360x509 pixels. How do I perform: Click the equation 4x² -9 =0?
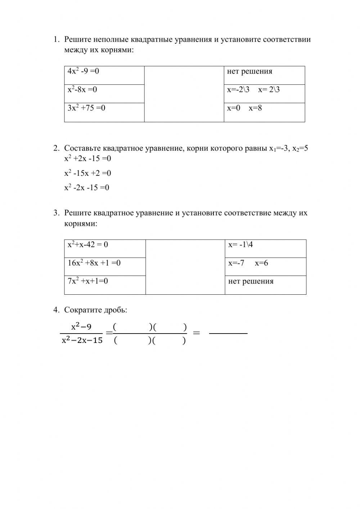pyautogui.click(x=83, y=71)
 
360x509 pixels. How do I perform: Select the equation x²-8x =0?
pyautogui.click(x=82, y=90)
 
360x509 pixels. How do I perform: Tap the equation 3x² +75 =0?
pyautogui.click(x=86, y=108)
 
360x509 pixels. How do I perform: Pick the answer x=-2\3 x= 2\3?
pyautogui.click(x=253, y=90)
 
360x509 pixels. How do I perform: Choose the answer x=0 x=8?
pyautogui.click(x=244, y=108)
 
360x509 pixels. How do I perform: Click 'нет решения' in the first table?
pyautogui.click(x=249, y=71)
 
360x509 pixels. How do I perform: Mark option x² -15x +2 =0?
pyautogui.click(x=87, y=173)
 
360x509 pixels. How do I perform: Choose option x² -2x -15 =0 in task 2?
pyautogui.click(x=87, y=188)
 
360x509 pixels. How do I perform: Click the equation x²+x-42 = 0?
pyautogui.click(x=88, y=245)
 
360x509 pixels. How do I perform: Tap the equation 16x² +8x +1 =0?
pyautogui.click(x=94, y=263)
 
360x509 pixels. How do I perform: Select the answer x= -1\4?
pyautogui.click(x=240, y=245)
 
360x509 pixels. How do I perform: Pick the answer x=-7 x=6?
pyautogui.click(x=248, y=263)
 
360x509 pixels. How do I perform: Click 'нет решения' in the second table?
pyautogui.click(x=251, y=281)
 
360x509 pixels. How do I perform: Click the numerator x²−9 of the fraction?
pyautogui.click(x=81, y=327)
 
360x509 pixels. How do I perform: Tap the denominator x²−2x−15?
pyautogui.click(x=82, y=340)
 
